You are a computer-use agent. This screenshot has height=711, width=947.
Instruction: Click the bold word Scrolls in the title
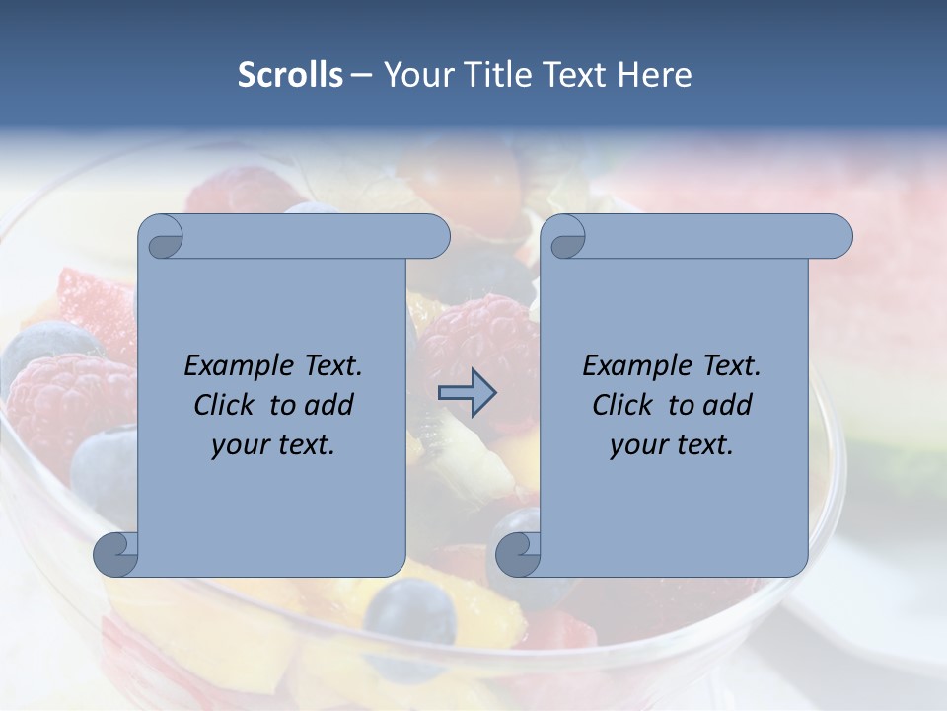[x=290, y=75]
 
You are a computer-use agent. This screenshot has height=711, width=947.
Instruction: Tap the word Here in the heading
[x=655, y=75]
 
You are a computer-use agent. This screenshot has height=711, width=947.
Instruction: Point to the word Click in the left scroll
[x=228, y=405]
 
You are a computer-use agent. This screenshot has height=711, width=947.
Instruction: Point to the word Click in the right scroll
[x=626, y=405]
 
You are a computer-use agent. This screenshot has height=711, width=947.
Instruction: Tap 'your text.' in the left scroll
[x=273, y=445]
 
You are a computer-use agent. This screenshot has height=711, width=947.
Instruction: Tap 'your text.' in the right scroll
[x=672, y=445]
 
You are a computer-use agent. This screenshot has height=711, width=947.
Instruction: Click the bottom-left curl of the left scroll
[x=115, y=553]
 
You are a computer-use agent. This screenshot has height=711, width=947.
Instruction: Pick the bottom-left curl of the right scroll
[x=517, y=553]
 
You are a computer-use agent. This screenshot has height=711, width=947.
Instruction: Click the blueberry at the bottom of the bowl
[x=409, y=609]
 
